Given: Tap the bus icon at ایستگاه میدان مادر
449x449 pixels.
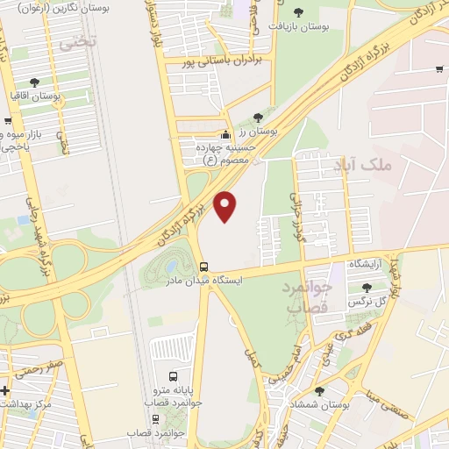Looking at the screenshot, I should click(x=203, y=267).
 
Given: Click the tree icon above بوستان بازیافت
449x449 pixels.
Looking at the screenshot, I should click(x=298, y=12).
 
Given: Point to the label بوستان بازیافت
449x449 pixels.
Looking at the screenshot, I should click(x=299, y=28).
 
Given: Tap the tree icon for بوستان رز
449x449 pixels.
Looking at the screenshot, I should click(x=257, y=117).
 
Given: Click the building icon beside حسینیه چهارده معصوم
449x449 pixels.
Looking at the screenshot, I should click(x=226, y=135).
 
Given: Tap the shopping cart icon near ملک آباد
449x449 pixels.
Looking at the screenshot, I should click(x=438, y=68).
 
